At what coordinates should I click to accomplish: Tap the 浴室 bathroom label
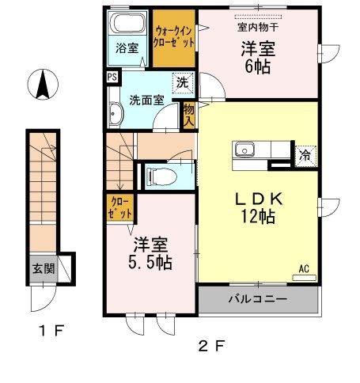127,47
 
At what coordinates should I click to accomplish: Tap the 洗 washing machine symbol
182,81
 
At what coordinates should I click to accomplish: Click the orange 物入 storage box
189,117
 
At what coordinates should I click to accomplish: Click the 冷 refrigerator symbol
305,156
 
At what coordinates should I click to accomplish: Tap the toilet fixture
155,175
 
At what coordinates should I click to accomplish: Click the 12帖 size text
257,215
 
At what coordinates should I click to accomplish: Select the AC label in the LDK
303,269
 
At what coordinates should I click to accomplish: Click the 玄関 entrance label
44,268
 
